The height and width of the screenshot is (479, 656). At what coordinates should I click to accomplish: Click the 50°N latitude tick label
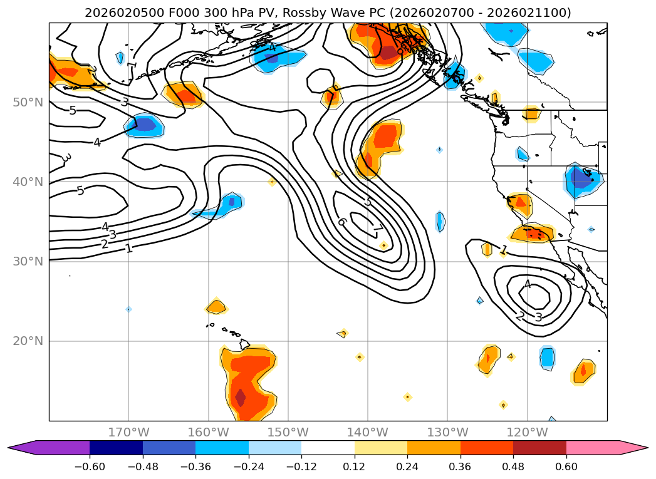(28, 102)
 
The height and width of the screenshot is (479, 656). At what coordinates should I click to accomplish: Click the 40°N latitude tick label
(28, 182)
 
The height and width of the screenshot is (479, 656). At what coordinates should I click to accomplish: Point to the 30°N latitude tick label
(28, 261)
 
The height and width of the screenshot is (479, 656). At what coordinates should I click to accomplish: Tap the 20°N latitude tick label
(28, 341)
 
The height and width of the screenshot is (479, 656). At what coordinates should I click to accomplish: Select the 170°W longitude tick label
(128, 432)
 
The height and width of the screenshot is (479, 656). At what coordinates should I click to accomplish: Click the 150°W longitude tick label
(288, 432)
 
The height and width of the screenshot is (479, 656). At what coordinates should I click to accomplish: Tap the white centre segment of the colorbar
(328, 448)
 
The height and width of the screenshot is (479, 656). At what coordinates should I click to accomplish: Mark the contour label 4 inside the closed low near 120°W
(527, 285)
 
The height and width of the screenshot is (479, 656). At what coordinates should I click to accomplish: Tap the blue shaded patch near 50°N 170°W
(144, 125)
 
